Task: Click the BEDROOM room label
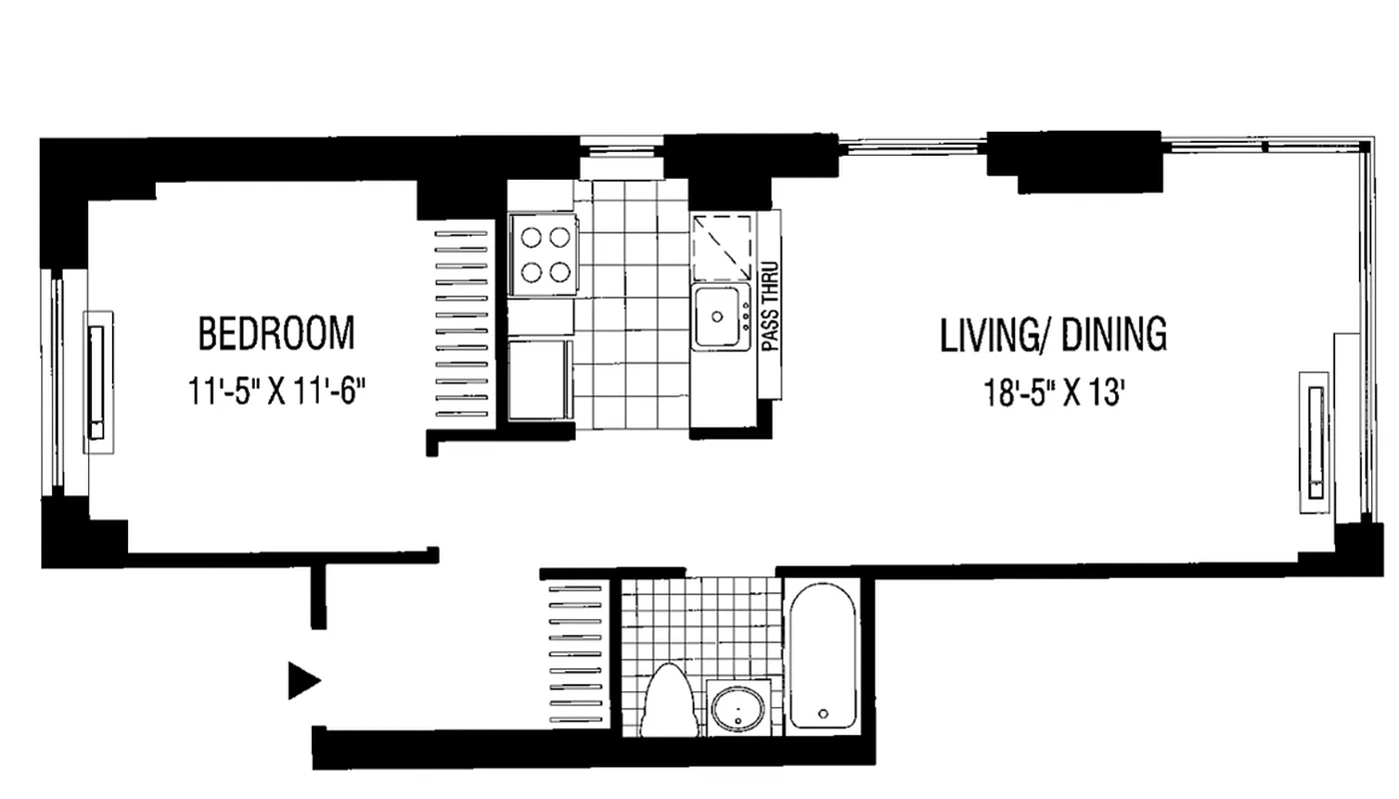pos(277,334)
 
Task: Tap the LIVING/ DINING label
pos(1053,336)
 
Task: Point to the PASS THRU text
pos(770,306)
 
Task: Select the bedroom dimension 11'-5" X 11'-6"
pos(277,392)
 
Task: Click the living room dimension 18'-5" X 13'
pos(1054,394)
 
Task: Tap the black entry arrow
pos(304,680)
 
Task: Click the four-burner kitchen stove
pos(544,254)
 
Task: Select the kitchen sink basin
pos(720,317)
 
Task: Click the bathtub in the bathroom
pos(822,656)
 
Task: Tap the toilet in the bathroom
pos(669,700)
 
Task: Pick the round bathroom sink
pos(737,709)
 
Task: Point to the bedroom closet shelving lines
pos(461,324)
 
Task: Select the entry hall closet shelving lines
pos(576,654)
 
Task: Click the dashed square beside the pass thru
pos(722,248)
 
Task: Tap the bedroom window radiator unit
pos(98,382)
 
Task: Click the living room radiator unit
pos(1315,442)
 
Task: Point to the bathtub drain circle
pos(823,713)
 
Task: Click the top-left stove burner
pos(531,238)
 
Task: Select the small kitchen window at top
pos(622,149)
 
